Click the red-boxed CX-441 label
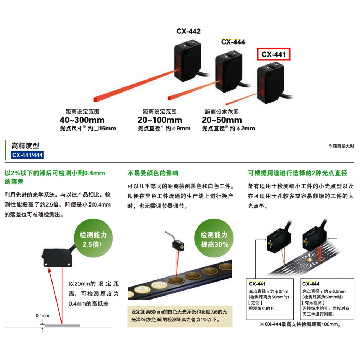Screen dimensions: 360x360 pyautogui.click(x=274, y=55)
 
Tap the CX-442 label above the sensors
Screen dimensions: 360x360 pyautogui.click(x=188, y=31)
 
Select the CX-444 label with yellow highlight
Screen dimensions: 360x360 pyautogui.click(x=233, y=42)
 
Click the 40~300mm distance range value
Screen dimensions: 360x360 pyautogui.click(x=82, y=120)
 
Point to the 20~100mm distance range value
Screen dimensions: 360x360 pyautogui.click(x=160, y=120)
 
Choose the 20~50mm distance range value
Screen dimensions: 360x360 pyautogui.click(x=222, y=120)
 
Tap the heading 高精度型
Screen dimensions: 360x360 pyautogui.click(x=26, y=146)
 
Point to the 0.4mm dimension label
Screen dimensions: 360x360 pyautogui.click(x=42, y=316)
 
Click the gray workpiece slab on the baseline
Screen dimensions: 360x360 pyautogui.click(x=62, y=325)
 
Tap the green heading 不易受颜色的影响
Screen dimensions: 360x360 pyautogui.click(x=153, y=173)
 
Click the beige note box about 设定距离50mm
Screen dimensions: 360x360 pyautogui.click(x=180, y=316)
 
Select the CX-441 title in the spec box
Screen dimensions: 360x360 pyautogui.click(x=257, y=284)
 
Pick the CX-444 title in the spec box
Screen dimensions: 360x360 pyautogui.click(x=311, y=284)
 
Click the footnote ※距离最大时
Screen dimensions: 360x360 pyautogui.click(x=341, y=146)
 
